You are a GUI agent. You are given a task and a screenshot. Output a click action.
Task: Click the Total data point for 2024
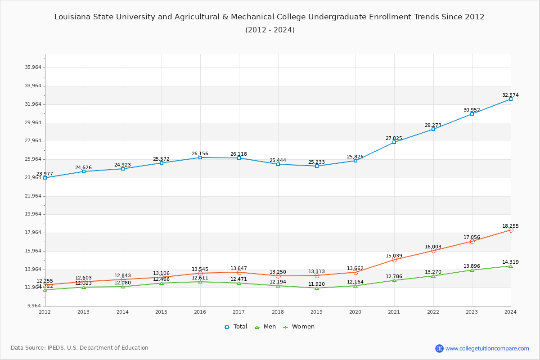click(x=511, y=99)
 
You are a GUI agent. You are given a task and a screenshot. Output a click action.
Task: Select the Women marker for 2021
click(x=394, y=260)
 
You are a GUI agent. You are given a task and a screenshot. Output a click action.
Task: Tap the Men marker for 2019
click(x=317, y=288)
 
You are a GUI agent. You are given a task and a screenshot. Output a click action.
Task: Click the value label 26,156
click(x=200, y=153)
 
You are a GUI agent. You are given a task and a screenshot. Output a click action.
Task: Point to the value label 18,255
click(x=510, y=226)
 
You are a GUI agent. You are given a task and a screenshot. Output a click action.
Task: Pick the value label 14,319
click(x=510, y=262)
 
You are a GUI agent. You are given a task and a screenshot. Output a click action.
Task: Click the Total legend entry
click(x=236, y=327)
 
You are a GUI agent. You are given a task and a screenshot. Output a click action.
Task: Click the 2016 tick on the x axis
click(x=200, y=312)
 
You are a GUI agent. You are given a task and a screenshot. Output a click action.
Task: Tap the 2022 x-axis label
click(x=433, y=312)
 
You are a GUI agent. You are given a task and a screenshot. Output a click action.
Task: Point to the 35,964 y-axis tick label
click(x=33, y=67)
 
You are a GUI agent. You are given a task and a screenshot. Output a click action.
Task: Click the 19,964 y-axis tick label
click(x=33, y=214)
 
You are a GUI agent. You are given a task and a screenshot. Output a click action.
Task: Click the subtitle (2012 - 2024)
click(x=270, y=30)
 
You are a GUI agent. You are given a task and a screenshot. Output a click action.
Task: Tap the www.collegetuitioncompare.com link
click(x=487, y=348)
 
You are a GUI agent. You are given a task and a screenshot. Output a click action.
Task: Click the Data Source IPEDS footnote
click(x=80, y=348)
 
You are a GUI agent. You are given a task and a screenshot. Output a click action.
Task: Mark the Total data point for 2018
click(x=278, y=164)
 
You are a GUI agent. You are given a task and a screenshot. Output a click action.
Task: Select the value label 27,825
click(x=394, y=138)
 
